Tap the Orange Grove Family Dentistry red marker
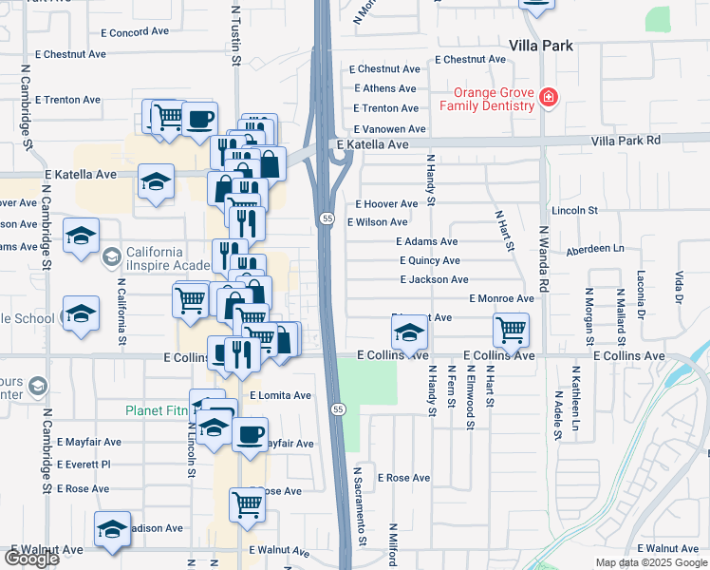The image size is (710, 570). [x=547, y=98]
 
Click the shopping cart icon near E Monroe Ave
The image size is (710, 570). [x=511, y=330]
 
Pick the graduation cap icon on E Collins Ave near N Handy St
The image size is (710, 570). [x=409, y=332]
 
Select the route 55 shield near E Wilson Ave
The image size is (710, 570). [x=327, y=218]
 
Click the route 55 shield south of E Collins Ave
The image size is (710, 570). [x=337, y=408]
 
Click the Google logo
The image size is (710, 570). [x=31, y=558]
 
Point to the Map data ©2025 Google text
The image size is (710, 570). [x=651, y=562]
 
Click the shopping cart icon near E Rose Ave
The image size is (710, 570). [x=247, y=504]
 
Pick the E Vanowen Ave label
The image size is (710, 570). [x=389, y=129]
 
